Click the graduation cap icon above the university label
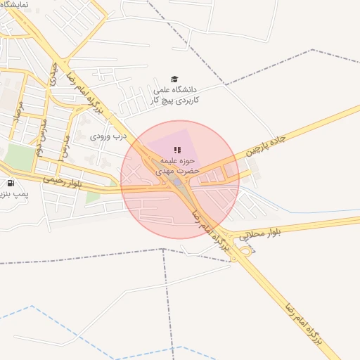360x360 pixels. pos(174,79)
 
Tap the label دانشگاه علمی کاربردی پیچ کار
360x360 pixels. pos(176,95)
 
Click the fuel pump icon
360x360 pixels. pos(11,184)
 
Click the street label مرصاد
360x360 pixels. pos(21,112)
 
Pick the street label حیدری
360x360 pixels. pos(54,75)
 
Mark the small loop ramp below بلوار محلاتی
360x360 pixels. pos(245,250)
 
